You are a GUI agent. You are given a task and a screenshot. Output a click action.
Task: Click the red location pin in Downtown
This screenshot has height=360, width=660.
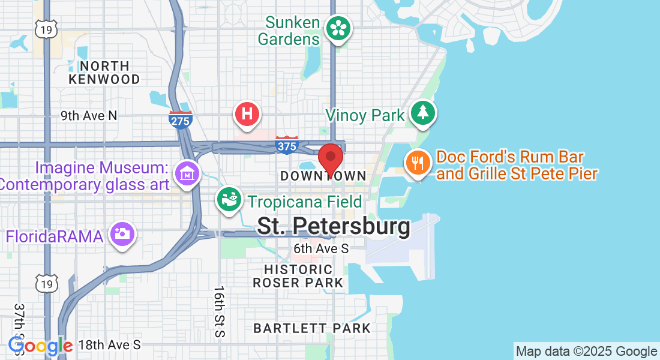pos(330,158)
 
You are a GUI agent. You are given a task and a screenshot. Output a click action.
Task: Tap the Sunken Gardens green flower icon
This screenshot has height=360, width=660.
pos(338,28)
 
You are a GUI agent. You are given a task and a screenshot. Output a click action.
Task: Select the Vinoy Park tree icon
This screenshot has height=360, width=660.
pos(423,113)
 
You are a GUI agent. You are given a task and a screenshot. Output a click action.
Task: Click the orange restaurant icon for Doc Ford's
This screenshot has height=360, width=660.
pos(418,162)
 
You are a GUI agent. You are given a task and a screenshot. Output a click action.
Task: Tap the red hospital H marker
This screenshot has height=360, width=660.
pos(247,113)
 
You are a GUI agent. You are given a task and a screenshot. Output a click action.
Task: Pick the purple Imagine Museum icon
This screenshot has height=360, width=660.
pos(187,173)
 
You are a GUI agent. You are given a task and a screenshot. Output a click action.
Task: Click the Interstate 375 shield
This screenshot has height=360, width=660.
pos(287,145)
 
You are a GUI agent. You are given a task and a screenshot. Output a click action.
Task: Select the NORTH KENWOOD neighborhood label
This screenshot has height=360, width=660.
pos(104,73)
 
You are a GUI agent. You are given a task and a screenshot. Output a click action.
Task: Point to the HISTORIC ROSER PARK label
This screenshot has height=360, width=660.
pos(298,276)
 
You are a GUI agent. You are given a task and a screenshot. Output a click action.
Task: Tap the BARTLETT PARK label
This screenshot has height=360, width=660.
pos(312,328)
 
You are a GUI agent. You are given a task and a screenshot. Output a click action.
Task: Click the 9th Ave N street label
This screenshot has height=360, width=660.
pos(89,115)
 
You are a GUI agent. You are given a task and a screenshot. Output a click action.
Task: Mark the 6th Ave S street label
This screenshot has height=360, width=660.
pos(321,248)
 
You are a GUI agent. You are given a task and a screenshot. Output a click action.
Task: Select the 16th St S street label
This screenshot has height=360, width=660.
pos(219,311)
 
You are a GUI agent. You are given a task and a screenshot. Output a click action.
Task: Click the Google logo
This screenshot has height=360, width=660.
pos(40,346)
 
